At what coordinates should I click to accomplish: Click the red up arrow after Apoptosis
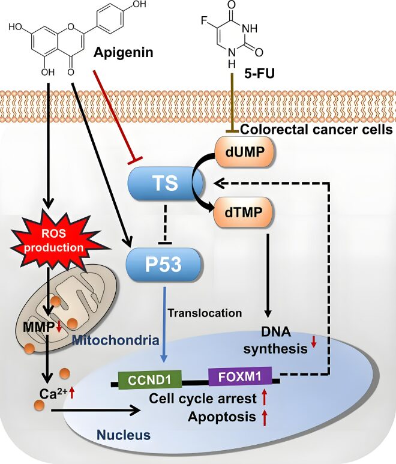[264, 417]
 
